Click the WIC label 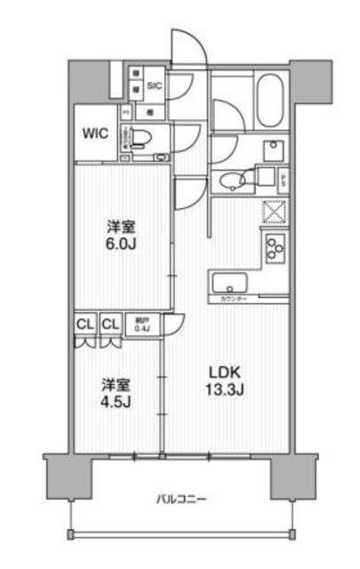pyautogui.click(x=96, y=134)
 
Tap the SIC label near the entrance pyautogui.click(x=154, y=85)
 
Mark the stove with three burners pyautogui.click(x=273, y=246)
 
